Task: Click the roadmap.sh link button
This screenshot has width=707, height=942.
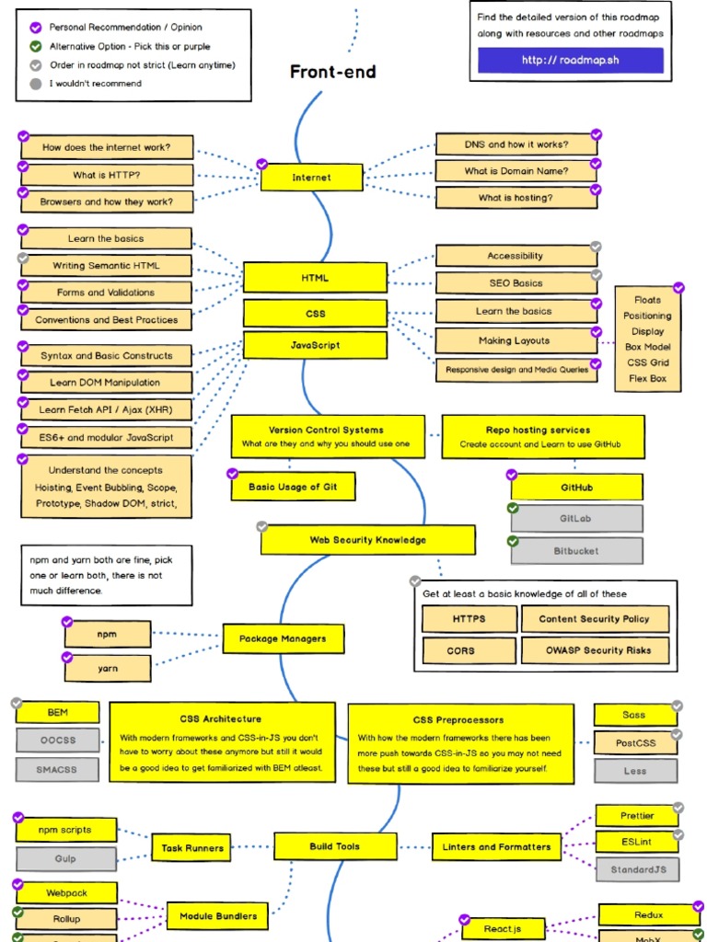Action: pyautogui.click(x=570, y=61)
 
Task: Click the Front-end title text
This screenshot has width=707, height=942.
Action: pyautogui.click(x=332, y=72)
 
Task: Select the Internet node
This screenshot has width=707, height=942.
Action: pyautogui.click(x=311, y=178)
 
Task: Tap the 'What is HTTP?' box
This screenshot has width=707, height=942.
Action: pyautogui.click(x=107, y=175)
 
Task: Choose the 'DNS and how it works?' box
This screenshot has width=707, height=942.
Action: pyautogui.click(x=516, y=144)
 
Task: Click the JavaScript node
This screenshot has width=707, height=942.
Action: pyautogui.click(x=315, y=346)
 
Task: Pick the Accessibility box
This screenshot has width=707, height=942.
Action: pyautogui.click(x=516, y=256)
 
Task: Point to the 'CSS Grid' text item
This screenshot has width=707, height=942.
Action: pyautogui.click(x=647, y=362)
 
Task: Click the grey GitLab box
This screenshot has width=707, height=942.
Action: pyautogui.click(x=576, y=519)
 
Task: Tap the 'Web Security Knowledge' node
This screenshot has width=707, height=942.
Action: pyautogui.click(x=368, y=540)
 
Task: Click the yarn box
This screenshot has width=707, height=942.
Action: pyautogui.click(x=108, y=669)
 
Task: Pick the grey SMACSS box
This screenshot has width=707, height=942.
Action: pyautogui.click(x=57, y=769)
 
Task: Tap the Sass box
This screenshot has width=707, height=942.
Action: pyautogui.click(x=634, y=715)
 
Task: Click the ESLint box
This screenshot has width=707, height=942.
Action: pyautogui.click(x=637, y=841)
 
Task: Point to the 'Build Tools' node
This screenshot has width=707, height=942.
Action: pyautogui.click(x=335, y=846)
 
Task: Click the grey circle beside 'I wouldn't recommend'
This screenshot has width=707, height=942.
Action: pyautogui.click(x=36, y=84)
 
